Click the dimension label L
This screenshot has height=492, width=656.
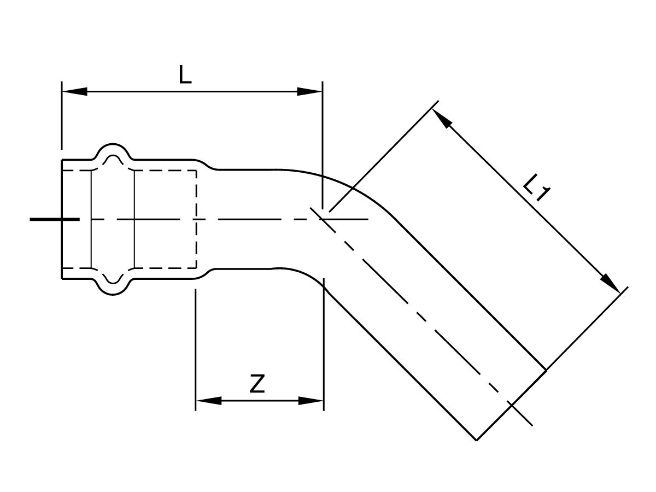[185, 74]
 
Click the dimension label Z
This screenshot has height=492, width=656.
[257, 384]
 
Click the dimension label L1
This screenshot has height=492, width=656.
[536, 188]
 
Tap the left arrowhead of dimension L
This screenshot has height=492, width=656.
[74, 91]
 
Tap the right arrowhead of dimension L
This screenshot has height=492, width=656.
[309, 91]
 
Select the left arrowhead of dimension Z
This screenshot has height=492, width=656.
[209, 401]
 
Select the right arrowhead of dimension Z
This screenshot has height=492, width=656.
[311, 401]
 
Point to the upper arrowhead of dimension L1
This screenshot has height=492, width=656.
[441, 118]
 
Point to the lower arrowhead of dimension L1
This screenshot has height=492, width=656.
[610, 283]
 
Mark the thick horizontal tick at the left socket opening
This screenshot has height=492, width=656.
[54, 220]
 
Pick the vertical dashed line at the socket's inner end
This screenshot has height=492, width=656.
[196, 220]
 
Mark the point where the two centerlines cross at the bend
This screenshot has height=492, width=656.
[321, 220]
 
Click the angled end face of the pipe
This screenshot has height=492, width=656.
[511, 405]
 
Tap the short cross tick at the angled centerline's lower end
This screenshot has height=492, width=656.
[520, 414]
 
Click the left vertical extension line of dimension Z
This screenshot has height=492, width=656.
[196, 349]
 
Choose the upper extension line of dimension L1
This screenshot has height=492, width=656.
[384, 156]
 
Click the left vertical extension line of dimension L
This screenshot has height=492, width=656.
[62, 115]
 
